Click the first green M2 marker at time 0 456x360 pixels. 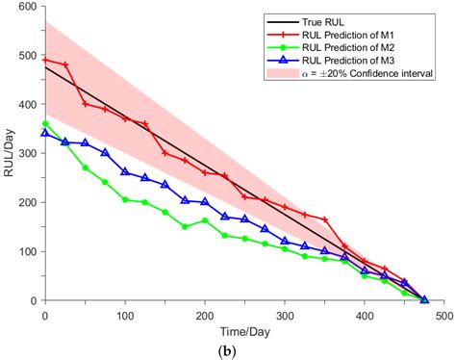point(45,124)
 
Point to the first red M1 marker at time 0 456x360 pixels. point(45,60)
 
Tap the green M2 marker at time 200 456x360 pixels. point(205,220)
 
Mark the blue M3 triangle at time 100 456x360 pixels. point(125,171)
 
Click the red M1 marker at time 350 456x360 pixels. point(325,219)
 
